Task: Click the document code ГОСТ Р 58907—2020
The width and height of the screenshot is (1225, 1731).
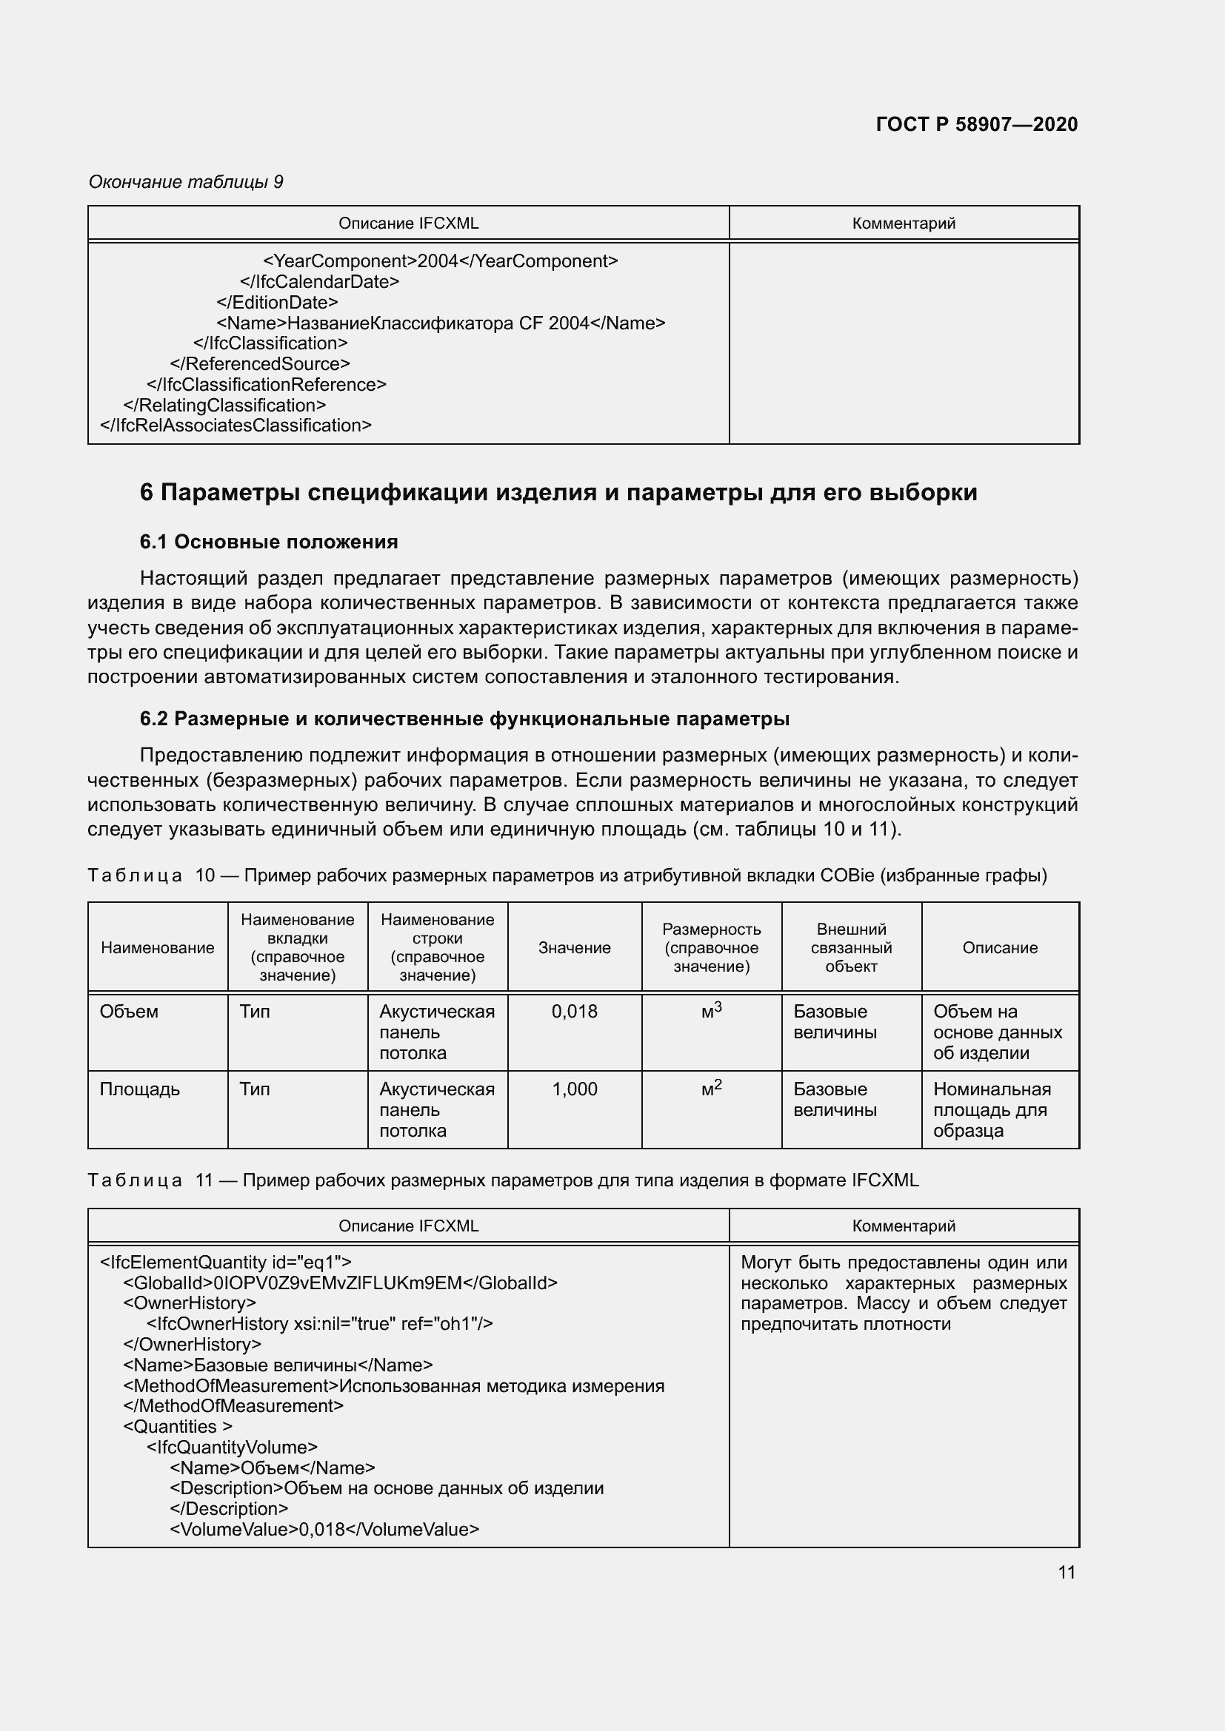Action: pyautogui.click(x=976, y=124)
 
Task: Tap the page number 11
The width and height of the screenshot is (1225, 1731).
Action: pyautogui.click(x=1066, y=1572)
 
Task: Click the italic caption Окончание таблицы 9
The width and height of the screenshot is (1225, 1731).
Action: pyautogui.click(x=186, y=182)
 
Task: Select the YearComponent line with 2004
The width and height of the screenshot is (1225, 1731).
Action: pyautogui.click(x=440, y=261)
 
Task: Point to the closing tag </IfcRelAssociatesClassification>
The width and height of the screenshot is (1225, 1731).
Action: pyautogui.click(x=236, y=426)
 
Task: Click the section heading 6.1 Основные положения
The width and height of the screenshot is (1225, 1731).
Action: pyautogui.click(x=269, y=541)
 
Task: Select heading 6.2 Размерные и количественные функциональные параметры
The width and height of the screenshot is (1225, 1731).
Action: pyautogui.click(x=464, y=719)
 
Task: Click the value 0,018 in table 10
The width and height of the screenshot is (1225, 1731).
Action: pyautogui.click(x=574, y=1011)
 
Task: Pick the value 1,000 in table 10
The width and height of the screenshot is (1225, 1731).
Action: pyautogui.click(x=574, y=1089)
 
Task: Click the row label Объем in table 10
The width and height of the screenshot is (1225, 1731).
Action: pyautogui.click(x=129, y=1011)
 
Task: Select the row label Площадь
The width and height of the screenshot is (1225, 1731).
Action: pyautogui.click(x=139, y=1089)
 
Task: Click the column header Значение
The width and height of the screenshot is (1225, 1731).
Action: pyautogui.click(x=574, y=948)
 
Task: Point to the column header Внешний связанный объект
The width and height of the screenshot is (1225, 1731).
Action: pyautogui.click(x=851, y=948)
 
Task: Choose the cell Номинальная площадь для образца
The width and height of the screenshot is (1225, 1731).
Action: pyautogui.click(x=991, y=1109)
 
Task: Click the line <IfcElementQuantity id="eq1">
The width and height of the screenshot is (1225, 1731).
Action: pyautogui.click(x=226, y=1262)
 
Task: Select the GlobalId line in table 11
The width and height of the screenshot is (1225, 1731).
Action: pyautogui.click(x=340, y=1283)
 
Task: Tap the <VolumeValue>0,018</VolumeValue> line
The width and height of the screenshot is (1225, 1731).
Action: pyautogui.click(x=324, y=1529)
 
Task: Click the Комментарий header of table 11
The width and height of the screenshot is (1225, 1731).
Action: pyautogui.click(x=903, y=1226)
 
